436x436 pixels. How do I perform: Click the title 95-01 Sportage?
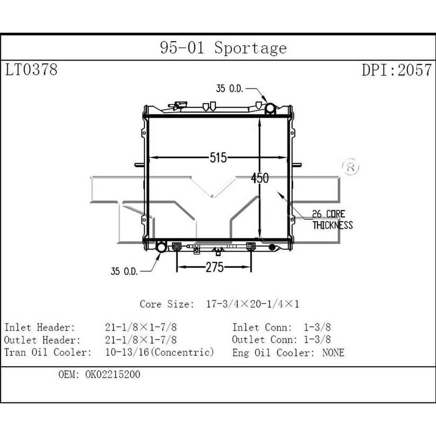click(x=223, y=48)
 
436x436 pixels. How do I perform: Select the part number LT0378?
click(x=31, y=69)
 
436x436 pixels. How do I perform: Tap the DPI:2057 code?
click(x=396, y=69)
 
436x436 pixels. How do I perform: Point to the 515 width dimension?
click(x=218, y=157)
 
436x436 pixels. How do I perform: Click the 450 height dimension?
click(x=260, y=178)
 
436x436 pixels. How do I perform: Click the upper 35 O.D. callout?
click(x=230, y=89)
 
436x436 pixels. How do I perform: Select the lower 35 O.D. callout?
click(x=124, y=271)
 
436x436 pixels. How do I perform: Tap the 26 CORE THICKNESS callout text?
click(x=332, y=219)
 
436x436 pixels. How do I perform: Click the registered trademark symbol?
click(x=350, y=167)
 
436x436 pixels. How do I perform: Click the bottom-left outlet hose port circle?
click(x=161, y=248)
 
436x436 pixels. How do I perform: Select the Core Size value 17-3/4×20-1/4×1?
click(x=252, y=304)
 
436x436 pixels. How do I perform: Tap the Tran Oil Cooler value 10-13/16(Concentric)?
click(x=160, y=352)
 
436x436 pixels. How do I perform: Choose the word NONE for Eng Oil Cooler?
click(x=333, y=352)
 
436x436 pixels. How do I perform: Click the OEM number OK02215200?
click(x=113, y=375)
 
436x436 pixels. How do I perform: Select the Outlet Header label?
click(x=42, y=339)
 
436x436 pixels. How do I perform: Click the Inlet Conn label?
click(x=262, y=327)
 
